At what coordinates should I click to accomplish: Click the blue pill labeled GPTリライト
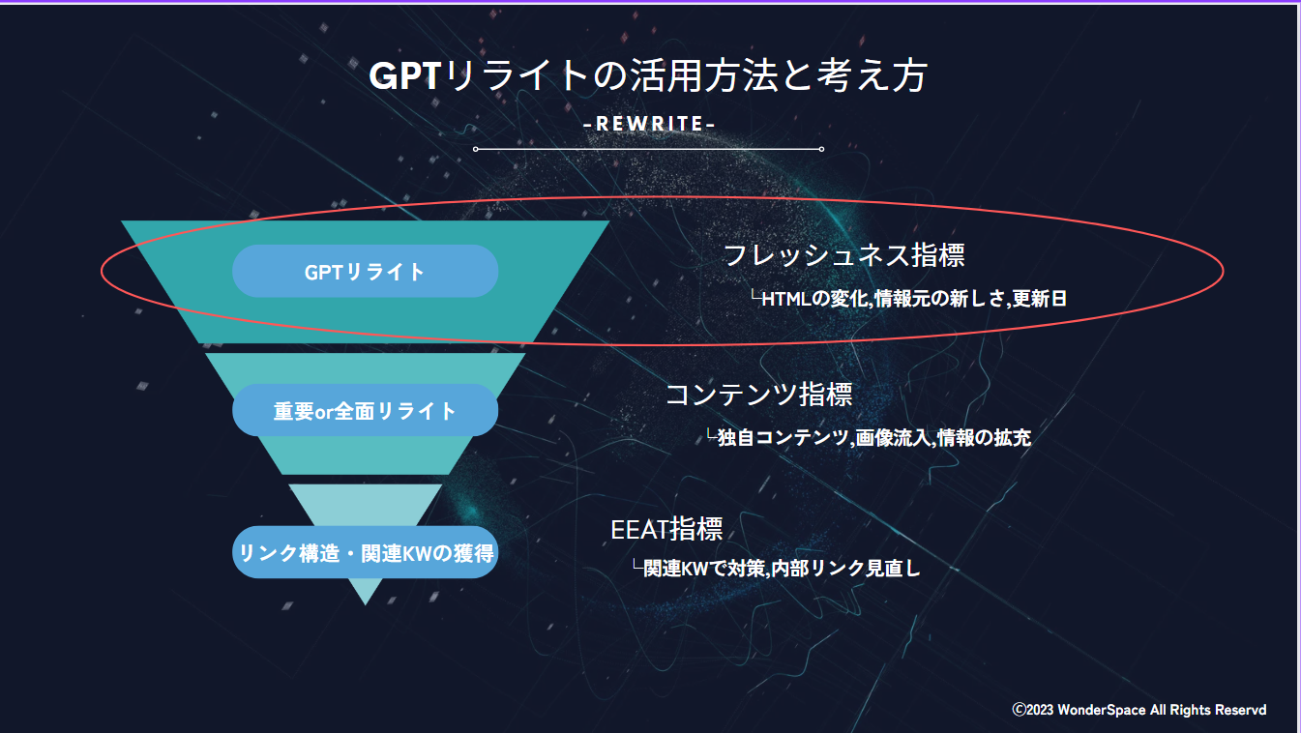tap(365, 272)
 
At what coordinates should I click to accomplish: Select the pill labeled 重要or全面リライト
tap(365, 411)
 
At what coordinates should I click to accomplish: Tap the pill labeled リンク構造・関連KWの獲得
tap(365, 553)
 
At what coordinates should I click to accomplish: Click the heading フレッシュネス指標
tap(843, 255)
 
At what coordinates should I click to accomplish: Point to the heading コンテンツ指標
tap(758, 395)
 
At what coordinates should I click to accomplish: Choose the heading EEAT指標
tap(666, 530)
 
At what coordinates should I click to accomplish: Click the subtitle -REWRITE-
tap(650, 125)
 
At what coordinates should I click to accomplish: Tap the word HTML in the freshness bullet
tap(785, 299)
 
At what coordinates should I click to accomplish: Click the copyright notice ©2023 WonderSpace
tap(1139, 710)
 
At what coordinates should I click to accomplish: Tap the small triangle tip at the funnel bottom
tap(365, 592)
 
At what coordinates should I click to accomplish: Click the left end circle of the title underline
tap(476, 149)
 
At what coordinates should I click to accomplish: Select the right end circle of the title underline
tap(821, 149)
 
